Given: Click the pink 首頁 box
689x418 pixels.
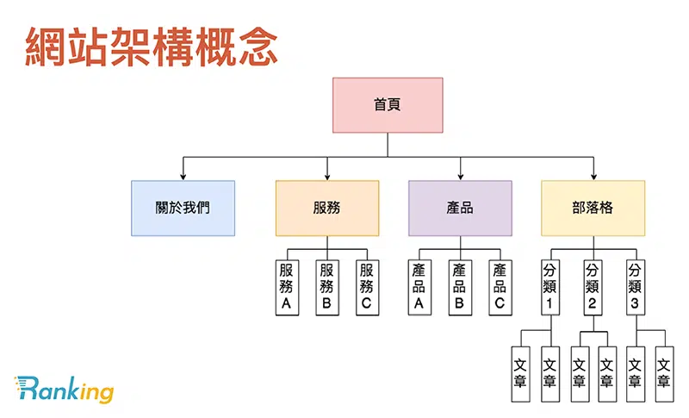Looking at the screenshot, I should click(x=388, y=105).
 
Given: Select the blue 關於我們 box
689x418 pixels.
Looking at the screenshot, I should click(x=183, y=208).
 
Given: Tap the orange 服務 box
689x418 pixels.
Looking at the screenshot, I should click(x=327, y=208).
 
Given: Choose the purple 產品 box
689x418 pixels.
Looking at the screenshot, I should click(x=460, y=208).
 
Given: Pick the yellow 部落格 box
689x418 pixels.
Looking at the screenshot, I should click(x=593, y=208).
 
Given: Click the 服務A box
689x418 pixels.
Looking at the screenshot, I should click(x=287, y=287).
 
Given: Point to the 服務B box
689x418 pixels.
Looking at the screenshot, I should click(x=326, y=287).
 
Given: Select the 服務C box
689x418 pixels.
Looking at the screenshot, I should click(x=367, y=287).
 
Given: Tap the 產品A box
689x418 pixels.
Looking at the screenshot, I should click(x=419, y=287).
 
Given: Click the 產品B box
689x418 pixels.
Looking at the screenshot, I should click(x=460, y=287).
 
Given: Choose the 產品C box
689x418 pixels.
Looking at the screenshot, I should click(x=500, y=287).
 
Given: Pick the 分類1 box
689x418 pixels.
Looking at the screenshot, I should click(x=551, y=287).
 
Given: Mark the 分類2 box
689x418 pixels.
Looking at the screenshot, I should click(x=592, y=287).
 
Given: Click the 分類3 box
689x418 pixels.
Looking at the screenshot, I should click(x=636, y=287).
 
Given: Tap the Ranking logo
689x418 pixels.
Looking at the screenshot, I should click(x=64, y=390).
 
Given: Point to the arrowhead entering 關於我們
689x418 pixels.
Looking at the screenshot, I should click(x=183, y=176).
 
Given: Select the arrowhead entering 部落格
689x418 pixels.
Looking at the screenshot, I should click(x=593, y=176).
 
